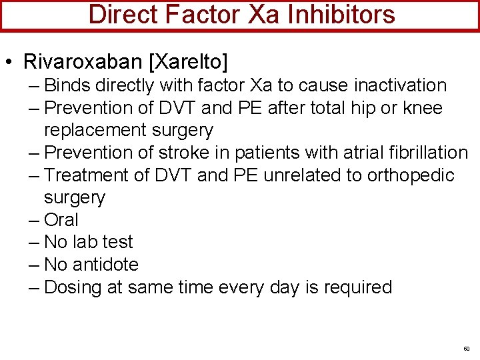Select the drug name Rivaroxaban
83,62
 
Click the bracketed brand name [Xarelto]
188,62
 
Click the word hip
360,108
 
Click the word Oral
61,220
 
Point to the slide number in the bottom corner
466,349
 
